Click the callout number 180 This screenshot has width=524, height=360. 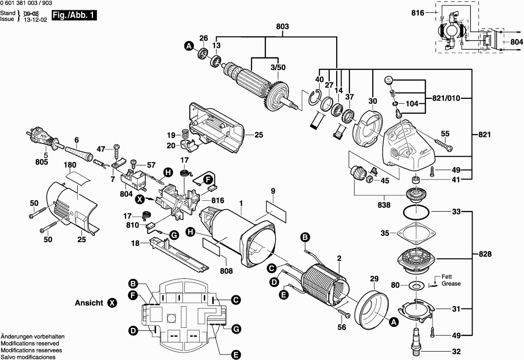pyautogui.click(x=69, y=165)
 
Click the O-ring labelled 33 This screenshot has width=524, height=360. pyautogui.click(x=415, y=213)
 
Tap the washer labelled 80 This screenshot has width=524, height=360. pyautogui.click(x=416, y=285)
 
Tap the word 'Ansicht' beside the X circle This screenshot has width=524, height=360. pyautogui.click(x=89, y=303)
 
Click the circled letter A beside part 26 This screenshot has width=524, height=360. pyautogui.click(x=188, y=46)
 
